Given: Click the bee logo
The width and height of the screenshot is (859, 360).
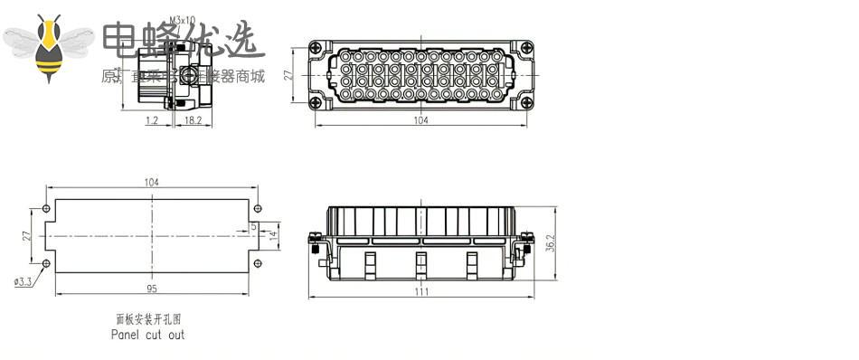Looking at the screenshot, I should (49, 46).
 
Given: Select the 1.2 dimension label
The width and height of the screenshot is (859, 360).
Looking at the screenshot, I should (151, 119).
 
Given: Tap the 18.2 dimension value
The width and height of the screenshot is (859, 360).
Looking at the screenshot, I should (193, 119).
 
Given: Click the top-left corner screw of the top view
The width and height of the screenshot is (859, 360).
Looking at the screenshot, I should (315, 49).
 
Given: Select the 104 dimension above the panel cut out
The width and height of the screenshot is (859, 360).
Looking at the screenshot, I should (151, 182).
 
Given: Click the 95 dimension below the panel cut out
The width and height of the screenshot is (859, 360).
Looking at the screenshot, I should (151, 289).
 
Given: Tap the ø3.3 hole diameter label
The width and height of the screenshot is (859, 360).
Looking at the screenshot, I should (24, 281).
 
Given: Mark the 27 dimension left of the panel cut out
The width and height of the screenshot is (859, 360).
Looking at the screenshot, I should (27, 235).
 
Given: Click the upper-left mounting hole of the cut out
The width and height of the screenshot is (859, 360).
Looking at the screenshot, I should (47, 208).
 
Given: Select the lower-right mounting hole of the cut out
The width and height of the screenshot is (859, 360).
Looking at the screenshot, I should (258, 263).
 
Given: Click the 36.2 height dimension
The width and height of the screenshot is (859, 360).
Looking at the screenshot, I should (552, 243).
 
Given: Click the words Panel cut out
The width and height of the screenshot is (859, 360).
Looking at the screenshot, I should (147, 335).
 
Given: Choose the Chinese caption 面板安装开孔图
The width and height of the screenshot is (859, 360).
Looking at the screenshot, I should (147, 319).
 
